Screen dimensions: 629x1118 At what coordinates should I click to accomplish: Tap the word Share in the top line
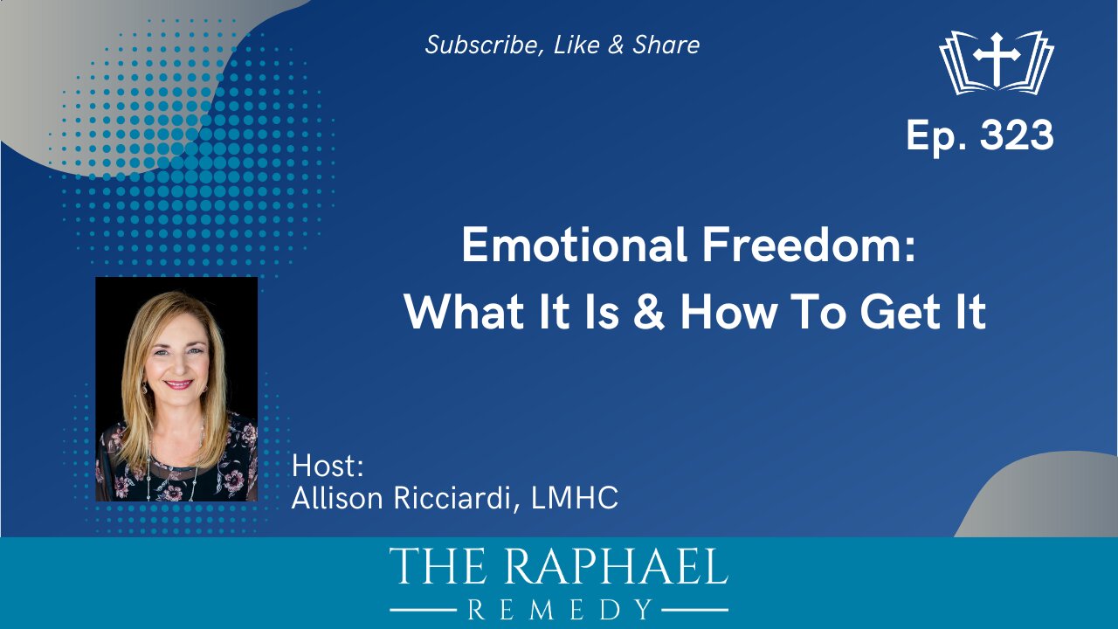pyautogui.click(x=666, y=45)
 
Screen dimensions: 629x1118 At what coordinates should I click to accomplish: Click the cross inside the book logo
pyautogui.click(x=997, y=56)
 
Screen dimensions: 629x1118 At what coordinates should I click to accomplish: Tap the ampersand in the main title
pyautogui.click(x=647, y=312)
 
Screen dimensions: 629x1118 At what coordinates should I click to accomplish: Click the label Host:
pyautogui.click(x=327, y=465)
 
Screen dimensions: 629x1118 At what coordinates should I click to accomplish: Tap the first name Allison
pyautogui.click(x=336, y=499)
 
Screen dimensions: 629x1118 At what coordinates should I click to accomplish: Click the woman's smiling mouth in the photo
pyautogui.click(x=177, y=384)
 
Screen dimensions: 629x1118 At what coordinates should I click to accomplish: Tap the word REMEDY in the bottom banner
pyautogui.click(x=559, y=609)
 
